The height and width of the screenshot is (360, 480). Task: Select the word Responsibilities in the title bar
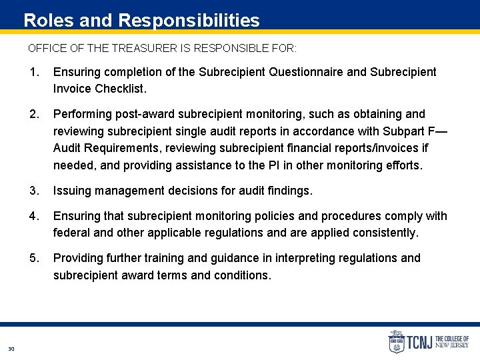click(x=189, y=20)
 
